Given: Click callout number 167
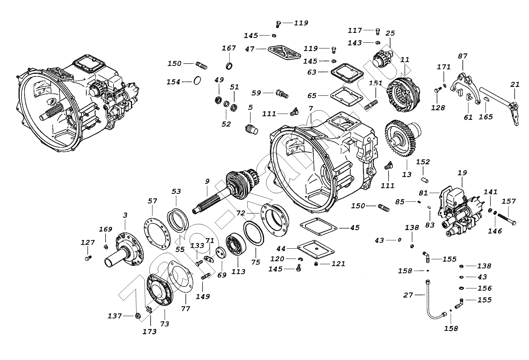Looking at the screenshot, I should pyautogui.click(x=229, y=48).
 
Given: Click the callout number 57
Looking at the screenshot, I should pyautogui.click(x=152, y=201).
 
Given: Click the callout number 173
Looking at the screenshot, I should pyautogui.click(x=150, y=332).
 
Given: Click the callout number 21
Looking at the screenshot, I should pyautogui.click(x=515, y=84).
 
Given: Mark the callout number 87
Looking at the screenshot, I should pyautogui.click(x=462, y=56).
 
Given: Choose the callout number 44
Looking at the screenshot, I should pyautogui.click(x=281, y=248).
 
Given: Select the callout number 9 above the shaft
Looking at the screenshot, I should pyautogui.click(x=207, y=181).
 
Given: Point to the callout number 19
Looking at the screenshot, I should pyautogui.click(x=462, y=173).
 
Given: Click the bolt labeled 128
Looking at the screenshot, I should pyautogui.click(x=438, y=91).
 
